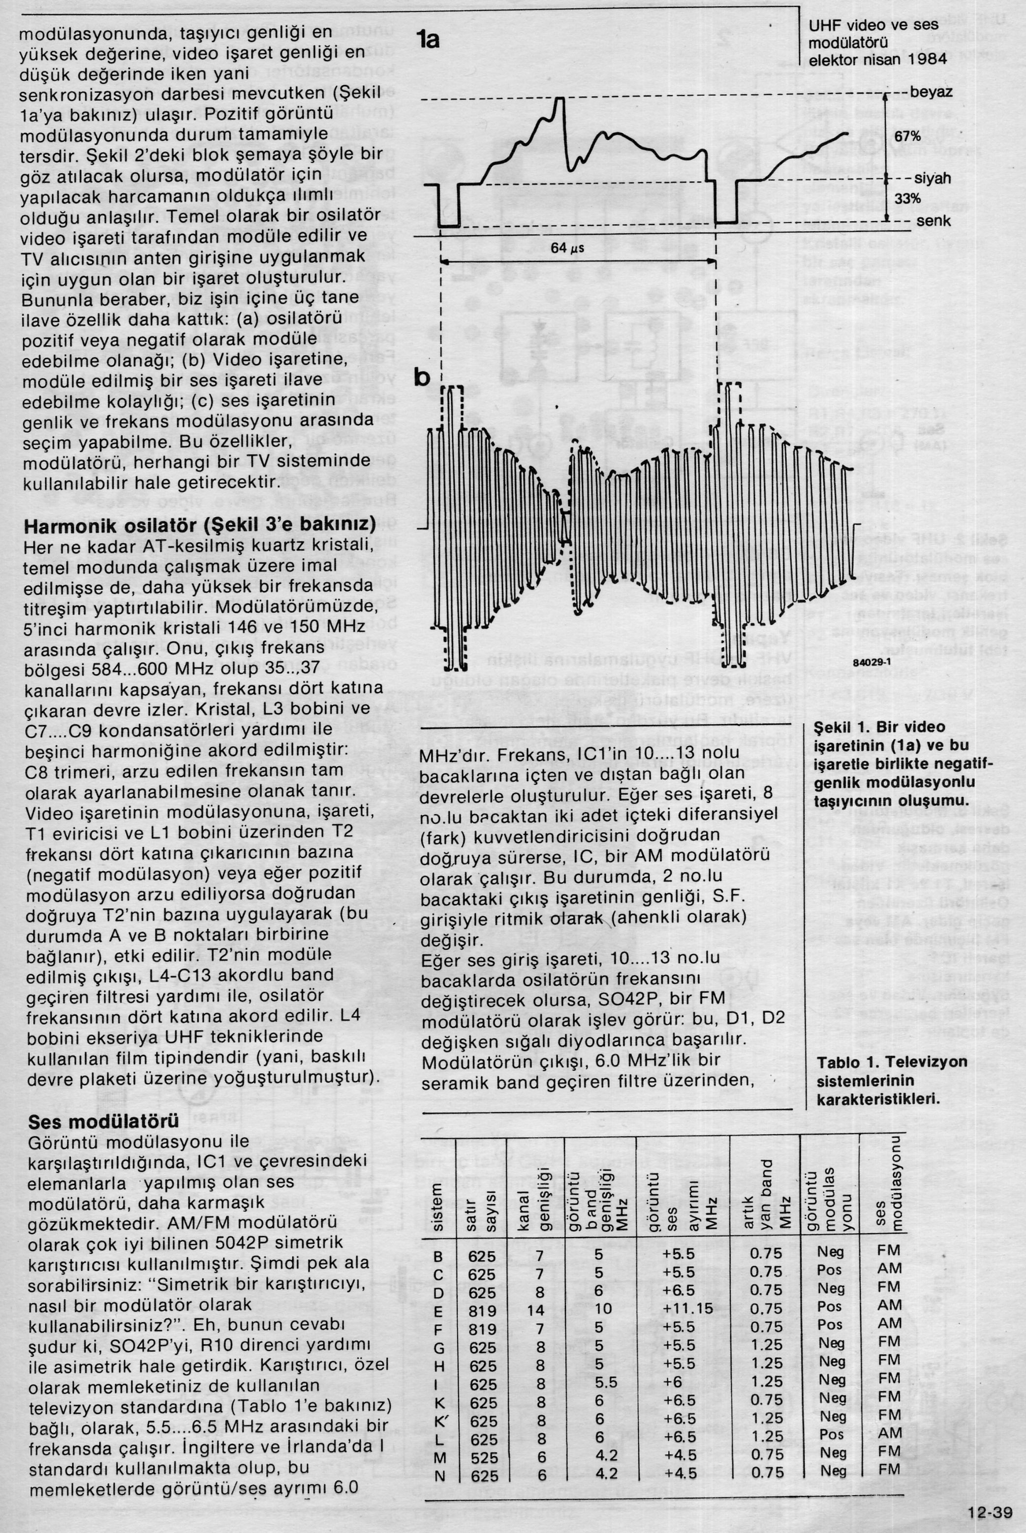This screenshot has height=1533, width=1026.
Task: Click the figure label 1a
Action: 429,40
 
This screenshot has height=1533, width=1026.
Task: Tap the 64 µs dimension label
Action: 567,248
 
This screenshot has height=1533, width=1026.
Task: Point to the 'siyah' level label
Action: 932,179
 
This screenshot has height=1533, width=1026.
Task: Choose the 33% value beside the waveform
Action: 907,198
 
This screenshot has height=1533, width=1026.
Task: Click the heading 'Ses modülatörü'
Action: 103,1122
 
